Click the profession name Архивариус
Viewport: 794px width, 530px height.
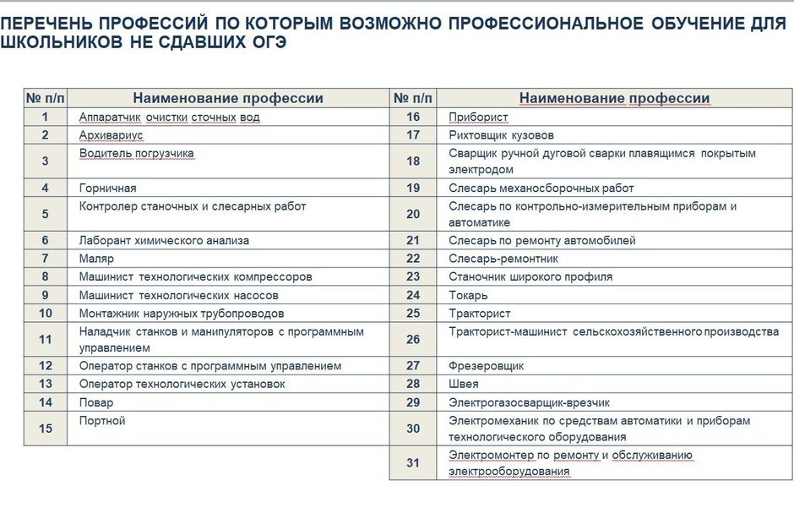(111, 135)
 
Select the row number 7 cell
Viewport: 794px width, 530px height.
(45, 259)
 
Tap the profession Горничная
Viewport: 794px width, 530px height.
(107, 189)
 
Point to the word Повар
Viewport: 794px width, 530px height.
(95, 402)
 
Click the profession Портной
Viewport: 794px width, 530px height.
(101, 421)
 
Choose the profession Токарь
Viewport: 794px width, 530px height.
(468, 295)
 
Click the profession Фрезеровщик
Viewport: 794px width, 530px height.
(486, 366)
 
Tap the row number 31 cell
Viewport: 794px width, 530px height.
(413, 463)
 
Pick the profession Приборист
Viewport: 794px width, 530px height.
(477, 117)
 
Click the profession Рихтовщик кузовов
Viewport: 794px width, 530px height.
(501, 135)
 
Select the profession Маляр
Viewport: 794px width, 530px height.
(95, 259)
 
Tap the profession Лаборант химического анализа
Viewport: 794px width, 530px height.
(164, 241)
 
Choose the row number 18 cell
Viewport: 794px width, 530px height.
(413, 161)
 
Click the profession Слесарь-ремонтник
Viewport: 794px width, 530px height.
(503, 259)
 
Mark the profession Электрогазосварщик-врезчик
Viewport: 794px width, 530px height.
(529, 402)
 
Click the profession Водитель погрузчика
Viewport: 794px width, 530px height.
(137, 154)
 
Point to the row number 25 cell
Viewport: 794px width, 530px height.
(413, 313)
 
